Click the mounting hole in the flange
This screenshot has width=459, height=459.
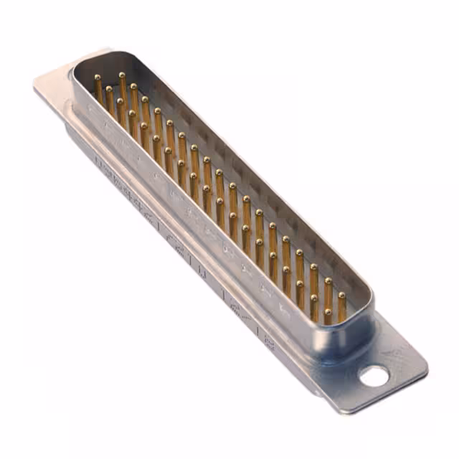pyautogui.click(x=374, y=376)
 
